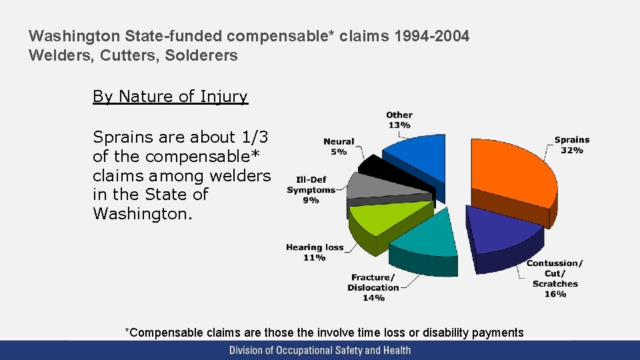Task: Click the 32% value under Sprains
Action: (x=571, y=150)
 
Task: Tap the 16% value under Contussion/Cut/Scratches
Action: (x=555, y=294)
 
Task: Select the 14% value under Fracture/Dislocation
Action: (x=373, y=298)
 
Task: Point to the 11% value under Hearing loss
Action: (x=314, y=257)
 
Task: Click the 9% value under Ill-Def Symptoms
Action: (x=311, y=200)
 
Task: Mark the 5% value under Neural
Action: (x=339, y=152)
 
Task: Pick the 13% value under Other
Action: (x=399, y=125)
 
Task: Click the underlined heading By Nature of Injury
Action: (x=170, y=97)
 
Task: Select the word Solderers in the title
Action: (x=207, y=55)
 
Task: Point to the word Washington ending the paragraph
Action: (x=134, y=213)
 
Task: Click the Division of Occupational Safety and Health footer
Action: (x=320, y=350)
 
